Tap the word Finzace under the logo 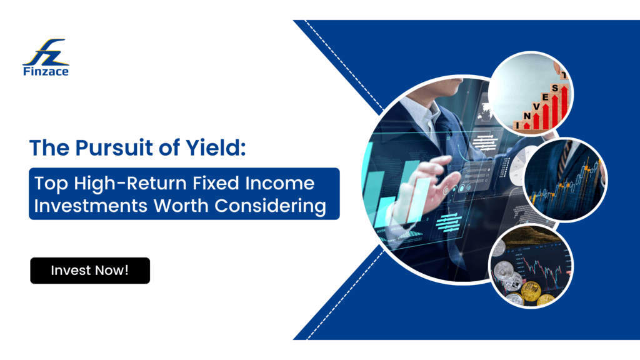(46, 71)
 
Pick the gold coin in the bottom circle (531, 289)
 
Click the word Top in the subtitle (48, 184)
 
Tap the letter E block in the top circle (544, 97)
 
